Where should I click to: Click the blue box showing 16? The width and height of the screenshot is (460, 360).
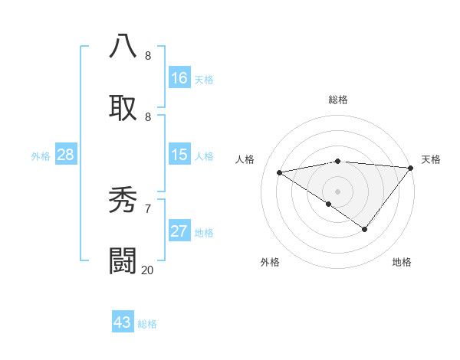coord(179,78)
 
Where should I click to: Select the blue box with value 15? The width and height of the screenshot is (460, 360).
coord(179,155)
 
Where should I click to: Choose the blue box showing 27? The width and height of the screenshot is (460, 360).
coord(179,231)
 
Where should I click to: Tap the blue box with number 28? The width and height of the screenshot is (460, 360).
coord(66,155)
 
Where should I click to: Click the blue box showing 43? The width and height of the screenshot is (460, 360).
coord(123,322)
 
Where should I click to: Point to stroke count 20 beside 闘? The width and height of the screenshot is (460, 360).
coord(148,270)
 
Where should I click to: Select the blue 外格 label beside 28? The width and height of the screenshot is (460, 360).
coord(41,156)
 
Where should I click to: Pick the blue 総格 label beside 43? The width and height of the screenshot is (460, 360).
coord(147,324)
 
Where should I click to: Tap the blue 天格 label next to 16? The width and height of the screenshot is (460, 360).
coord(204,80)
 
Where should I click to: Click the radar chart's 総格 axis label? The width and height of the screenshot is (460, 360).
coord(337,100)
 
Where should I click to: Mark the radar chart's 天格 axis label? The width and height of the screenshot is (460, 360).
coord(432,159)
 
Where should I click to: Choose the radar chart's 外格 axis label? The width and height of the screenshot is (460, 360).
coord(270,262)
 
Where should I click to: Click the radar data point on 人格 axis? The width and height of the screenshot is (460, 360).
coord(280,172)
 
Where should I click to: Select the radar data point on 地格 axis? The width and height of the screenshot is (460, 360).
coord(365,229)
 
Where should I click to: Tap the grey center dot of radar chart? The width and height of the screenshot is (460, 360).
coord(337,191)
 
